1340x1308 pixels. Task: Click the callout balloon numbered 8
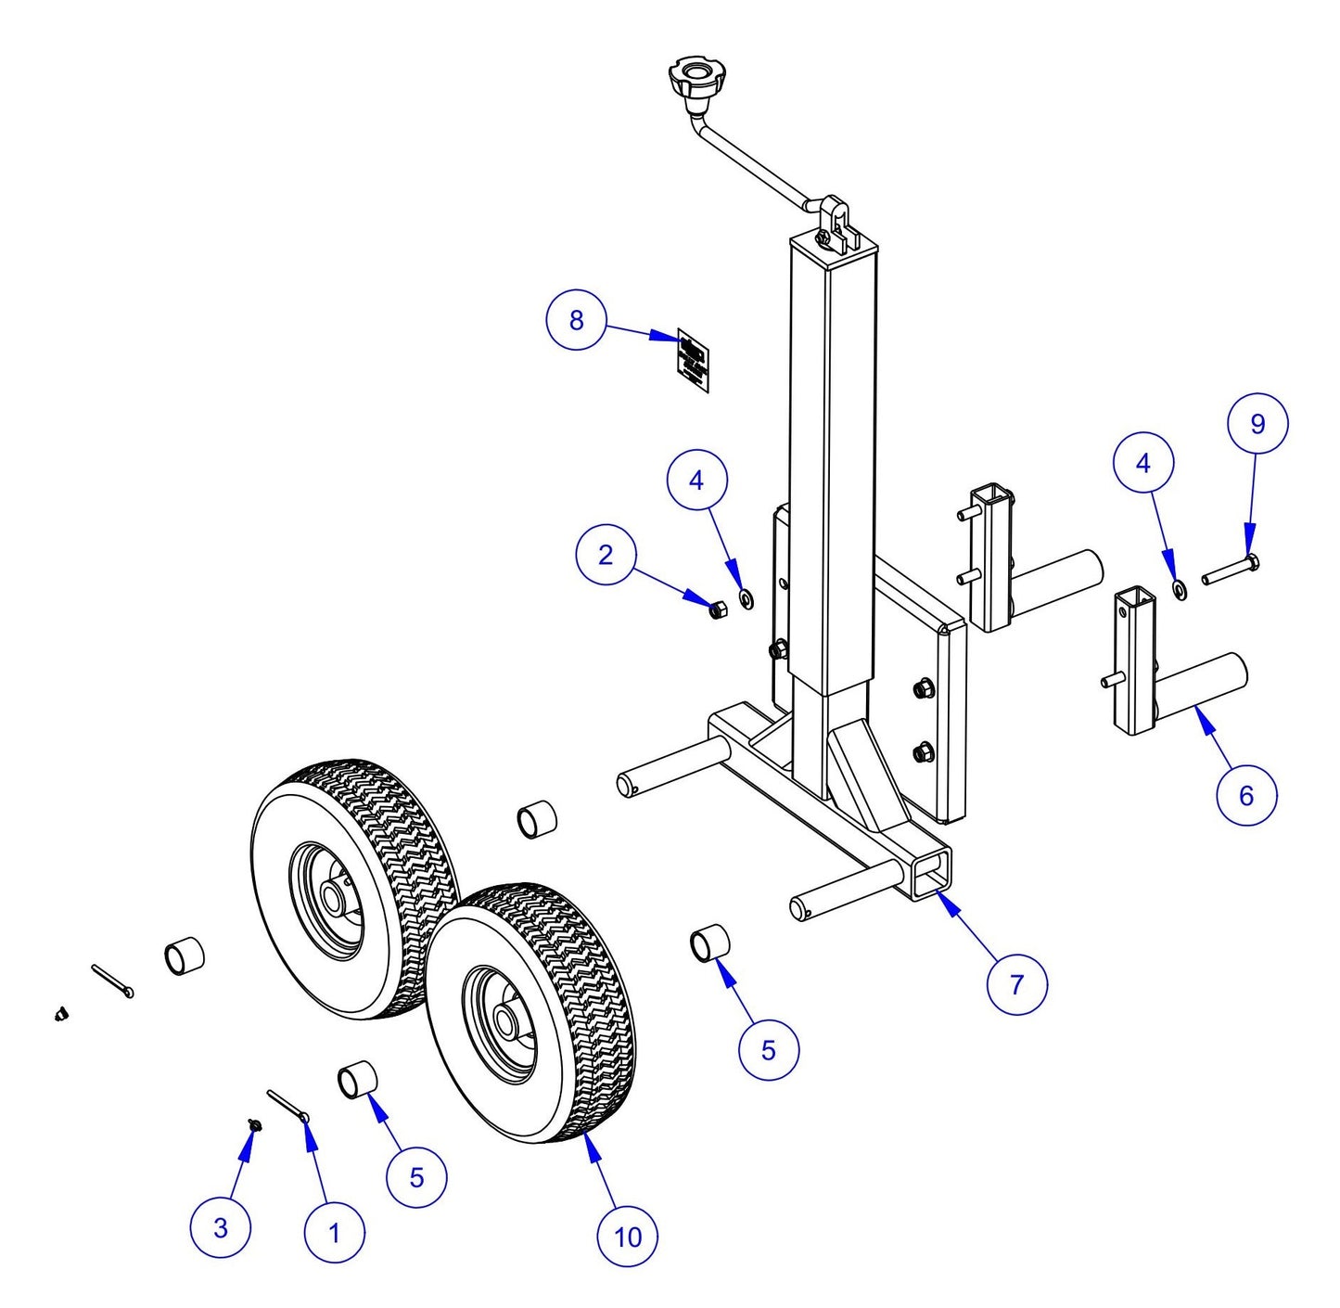click(576, 320)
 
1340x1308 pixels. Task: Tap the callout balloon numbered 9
click(1257, 424)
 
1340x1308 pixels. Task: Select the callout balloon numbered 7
click(1016, 984)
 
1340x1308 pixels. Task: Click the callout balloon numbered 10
click(628, 1237)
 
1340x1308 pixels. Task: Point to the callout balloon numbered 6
click(1245, 795)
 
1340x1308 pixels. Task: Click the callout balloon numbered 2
click(606, 556)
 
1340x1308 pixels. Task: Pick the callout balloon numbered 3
click(220, 1228)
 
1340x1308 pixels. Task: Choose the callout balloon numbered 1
click(334, 1233)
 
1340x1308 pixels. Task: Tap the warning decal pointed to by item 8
click(693, 360)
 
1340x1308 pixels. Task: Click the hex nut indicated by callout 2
click(717, 610)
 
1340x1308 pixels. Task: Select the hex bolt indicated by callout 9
click(1232, 570)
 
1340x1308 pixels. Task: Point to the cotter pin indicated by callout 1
click(288, 1106)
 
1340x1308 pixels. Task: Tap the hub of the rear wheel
click(331, 898)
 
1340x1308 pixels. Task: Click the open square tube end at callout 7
click(932, 877)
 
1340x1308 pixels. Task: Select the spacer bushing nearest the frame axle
click(710, 943)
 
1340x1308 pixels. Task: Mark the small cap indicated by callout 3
click(253, 1125)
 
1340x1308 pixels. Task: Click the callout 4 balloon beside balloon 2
click(696, 480)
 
